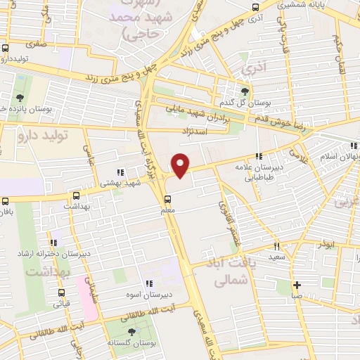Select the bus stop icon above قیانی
[x=61, y=293]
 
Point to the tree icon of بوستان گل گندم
[x=245, y=91]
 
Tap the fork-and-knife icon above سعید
[x=276, y=246]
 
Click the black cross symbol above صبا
[x=298, y=285]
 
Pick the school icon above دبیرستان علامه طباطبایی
[x=259, y=156]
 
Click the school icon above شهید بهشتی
[x=120, y=172]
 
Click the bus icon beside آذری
[x=255, y=8]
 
